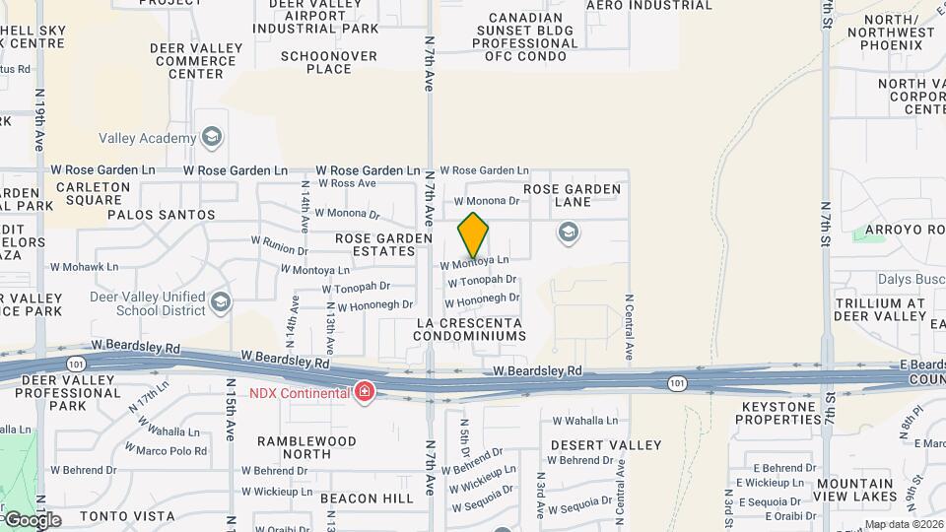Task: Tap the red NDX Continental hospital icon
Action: point(365,392)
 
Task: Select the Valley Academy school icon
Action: point(210,138)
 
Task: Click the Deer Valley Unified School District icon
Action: point(222,301)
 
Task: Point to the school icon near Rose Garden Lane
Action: point(568,233)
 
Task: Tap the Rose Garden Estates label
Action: point(383,244)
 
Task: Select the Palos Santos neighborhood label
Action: point(161,214)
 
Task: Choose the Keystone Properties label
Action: point(778,413)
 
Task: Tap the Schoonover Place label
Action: point(329,62)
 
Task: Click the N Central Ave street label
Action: point(628,326)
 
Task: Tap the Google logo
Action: point(32,519)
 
